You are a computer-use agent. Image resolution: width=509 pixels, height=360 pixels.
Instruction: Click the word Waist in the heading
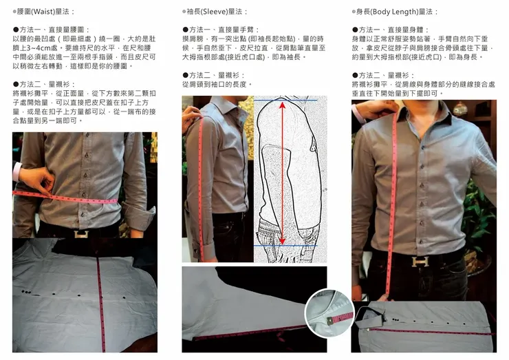click(x=42, y=12)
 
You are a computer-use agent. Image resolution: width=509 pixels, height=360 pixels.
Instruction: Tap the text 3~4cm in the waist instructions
click(x=41, y=48)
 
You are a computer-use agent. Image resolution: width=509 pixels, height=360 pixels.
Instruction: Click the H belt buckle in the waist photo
click(x=81, y=233)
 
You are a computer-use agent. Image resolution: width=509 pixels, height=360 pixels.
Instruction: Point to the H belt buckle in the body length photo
click(x=420, y=262)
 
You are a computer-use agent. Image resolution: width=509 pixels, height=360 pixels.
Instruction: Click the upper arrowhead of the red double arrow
click(x=283, y=105)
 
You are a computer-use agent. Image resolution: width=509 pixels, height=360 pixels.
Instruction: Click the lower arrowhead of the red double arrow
click(x=282, y=241)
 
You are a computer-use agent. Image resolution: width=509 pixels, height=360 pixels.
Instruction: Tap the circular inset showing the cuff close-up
click(x=329, y=313)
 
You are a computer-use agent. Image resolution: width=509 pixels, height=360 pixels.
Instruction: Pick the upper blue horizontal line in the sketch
click(x=285, y=100)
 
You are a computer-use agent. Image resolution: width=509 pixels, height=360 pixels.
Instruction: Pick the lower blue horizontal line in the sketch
click(x=285, y=246)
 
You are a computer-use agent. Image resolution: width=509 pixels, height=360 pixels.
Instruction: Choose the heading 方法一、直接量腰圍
click(x=52, y=30)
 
